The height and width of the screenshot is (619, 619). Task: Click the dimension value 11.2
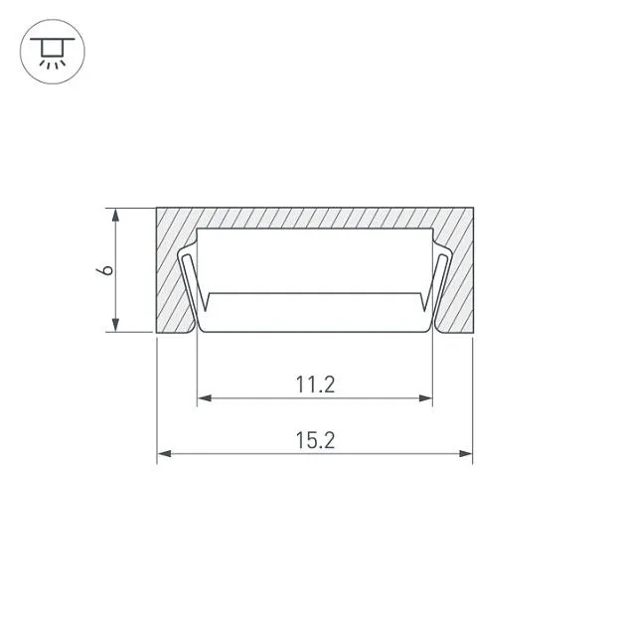(x=315, y=385)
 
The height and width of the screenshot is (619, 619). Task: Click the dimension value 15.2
(x=315, y=440)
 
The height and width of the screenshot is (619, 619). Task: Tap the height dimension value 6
(x=105, y=270)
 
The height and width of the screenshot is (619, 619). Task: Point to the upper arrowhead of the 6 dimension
(x=115, y=216)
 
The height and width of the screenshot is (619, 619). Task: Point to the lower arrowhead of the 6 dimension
(x=115, y=325)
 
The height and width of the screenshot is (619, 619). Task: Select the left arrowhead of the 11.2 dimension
(x=205, y=398)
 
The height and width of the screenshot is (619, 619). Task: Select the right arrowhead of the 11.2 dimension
(x=425, y=398)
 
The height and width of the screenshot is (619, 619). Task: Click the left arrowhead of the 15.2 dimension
(x=165, y=454)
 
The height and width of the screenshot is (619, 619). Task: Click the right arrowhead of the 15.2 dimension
(x=465, y=454)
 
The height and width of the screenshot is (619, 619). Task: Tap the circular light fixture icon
(x=53, y=52)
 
